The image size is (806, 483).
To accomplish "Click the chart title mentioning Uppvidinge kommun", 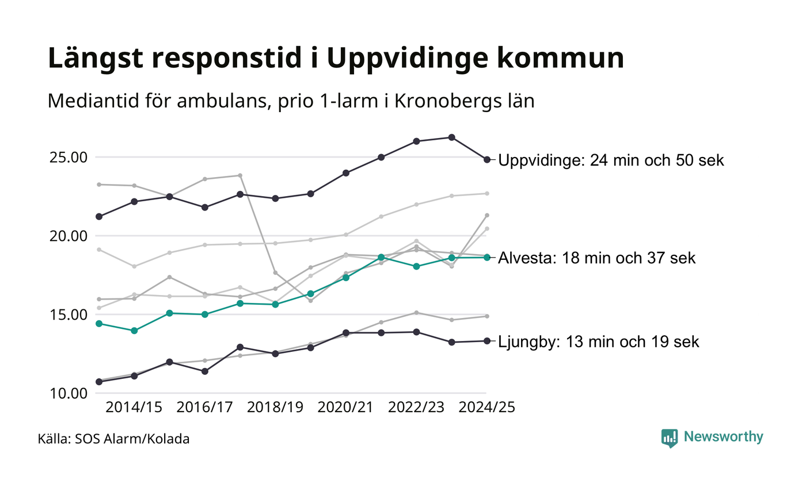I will tap(336, 59).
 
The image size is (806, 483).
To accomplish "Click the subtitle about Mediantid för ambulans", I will tap(291, 101).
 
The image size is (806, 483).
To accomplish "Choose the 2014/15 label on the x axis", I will tap(134, 407).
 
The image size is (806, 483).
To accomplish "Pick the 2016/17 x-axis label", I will tap(205, 407).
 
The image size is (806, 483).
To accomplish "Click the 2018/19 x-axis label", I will tap(275, 407).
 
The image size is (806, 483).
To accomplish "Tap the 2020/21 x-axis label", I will tap(346, 407).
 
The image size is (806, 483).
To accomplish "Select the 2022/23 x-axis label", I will tap(416, 407).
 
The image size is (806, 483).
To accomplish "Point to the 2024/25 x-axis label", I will tap(486, 407).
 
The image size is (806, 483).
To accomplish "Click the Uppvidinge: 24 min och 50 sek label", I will tap(611, 160).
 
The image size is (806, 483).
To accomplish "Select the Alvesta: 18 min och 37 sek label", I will tap(597, 258).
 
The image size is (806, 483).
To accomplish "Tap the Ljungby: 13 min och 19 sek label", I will tap(599, 342).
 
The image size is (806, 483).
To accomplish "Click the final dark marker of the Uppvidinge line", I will tap(487, 159).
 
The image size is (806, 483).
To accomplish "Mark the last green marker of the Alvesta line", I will tap(487, 257).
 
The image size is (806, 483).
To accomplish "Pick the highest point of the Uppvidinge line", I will tap(452, 137).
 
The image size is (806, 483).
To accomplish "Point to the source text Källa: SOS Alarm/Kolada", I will tap(114, 439).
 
